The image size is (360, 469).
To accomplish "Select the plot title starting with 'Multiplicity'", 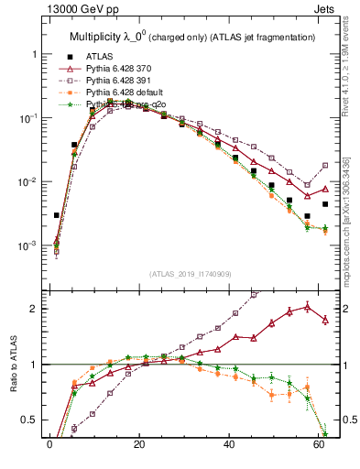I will (x=193, y=38).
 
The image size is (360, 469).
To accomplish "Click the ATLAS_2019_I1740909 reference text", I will (x=190, y=274).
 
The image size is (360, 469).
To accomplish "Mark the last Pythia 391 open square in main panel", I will (x=325, y=166).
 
